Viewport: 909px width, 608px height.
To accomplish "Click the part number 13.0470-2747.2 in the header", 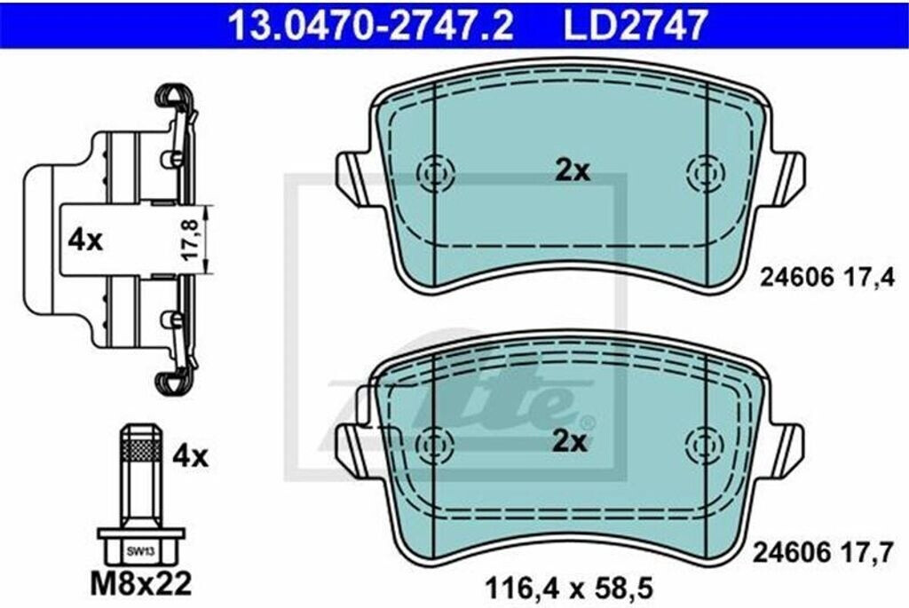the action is pos(372,24).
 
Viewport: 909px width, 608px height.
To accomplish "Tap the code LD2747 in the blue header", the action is pos(636,24).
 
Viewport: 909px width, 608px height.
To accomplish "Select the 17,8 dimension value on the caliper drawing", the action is pos(192,239).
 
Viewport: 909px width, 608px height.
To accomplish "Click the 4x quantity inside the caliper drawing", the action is pos(85,240).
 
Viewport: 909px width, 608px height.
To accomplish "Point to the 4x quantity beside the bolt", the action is pos(190,457).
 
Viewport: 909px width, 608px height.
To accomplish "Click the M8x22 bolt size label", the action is pos(141,584).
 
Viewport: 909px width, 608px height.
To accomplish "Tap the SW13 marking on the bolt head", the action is pos(140,552).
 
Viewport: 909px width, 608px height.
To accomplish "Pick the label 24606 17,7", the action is pos(823,553).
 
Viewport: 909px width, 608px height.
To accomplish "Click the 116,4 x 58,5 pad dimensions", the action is pos(569,589).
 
